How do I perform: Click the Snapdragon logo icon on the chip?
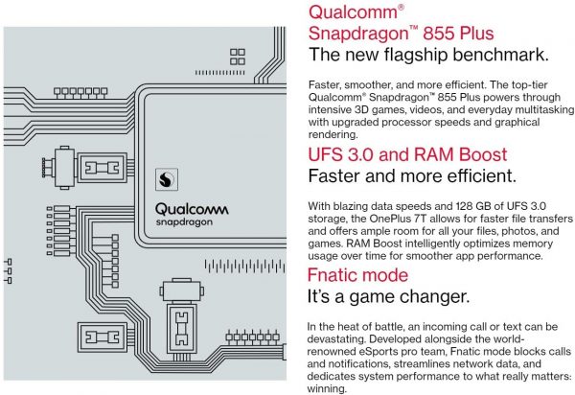(167, 179)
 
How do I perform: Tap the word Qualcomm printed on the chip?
(192, 209)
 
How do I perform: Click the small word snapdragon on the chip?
(184, 222)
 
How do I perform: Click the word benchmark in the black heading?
(500, 55)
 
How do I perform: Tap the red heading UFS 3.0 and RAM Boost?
(407, 154)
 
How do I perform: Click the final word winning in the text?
(327, 388)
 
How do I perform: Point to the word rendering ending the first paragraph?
(333, 134)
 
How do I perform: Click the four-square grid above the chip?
(238, 57)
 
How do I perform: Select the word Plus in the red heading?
(476, 33)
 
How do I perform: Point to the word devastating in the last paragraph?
(334, 338)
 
